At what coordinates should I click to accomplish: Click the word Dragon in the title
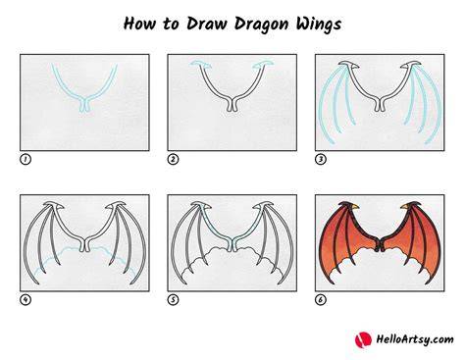262,25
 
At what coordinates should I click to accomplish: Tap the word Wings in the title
319,25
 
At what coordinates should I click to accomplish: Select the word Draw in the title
207,24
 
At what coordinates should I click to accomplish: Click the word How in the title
139,24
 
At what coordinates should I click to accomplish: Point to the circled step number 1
26,160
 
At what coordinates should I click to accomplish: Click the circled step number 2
173,160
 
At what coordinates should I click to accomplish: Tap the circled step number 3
321,160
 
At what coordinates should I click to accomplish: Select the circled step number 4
26,299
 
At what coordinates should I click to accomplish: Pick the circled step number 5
173,299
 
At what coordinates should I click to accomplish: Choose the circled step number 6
321,299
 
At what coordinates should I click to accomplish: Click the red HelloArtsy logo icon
363,340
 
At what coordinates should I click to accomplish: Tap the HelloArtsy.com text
415,339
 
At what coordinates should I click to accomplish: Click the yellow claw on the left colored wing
355,207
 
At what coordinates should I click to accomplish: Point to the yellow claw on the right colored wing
405,207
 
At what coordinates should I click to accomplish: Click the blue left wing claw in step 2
200,64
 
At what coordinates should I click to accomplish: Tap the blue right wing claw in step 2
263,64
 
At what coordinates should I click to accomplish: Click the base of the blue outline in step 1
84,105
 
